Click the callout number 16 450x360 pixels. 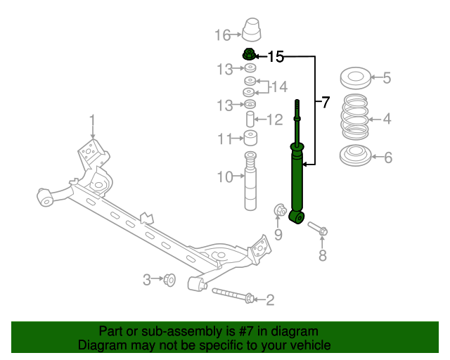click(x=223, y=35)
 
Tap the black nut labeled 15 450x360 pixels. click(x=249, y=55)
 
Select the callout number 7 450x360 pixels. click(x=325, y=103)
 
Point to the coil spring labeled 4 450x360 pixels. click(x=354, y=117)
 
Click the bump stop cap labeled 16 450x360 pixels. click(x=252, y=30)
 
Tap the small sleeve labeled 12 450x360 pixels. click(x=250, y=119)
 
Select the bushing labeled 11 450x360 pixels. click(x=250, y=138)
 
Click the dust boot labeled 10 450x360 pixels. click(x=250, y=181)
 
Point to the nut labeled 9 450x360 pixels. click(x=280, y=210)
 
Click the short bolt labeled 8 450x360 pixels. click(x=318, y=229)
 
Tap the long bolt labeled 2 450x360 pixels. click(x=233, y=296)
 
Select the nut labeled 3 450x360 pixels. click(x=169, y=280)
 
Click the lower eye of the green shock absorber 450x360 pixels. click(x=297, y=217)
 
